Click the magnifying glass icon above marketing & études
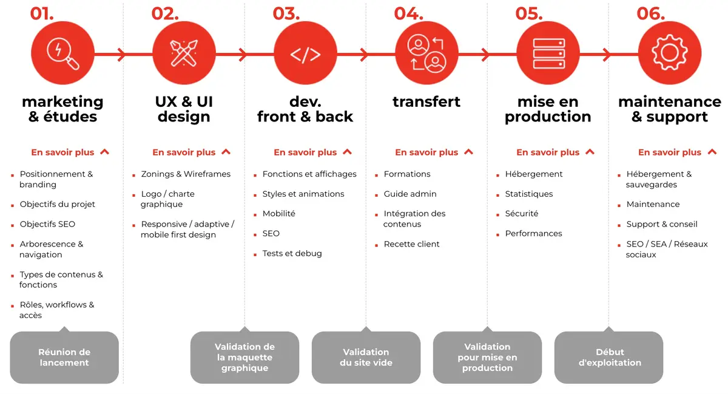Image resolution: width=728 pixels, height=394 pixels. [x=62, y=53]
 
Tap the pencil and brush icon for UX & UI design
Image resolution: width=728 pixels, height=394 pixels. [x=184, y=53]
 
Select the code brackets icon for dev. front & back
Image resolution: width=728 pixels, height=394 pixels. [x=305, y=54]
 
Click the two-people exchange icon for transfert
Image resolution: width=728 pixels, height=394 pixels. [x=426, y=53]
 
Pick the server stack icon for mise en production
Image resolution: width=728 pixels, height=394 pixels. [x=548, y=53]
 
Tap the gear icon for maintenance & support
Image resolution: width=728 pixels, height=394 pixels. [x=669, y=53]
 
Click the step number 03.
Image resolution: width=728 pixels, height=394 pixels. [x=286, y=13]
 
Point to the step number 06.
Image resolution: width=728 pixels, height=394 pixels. [x=650, y=13]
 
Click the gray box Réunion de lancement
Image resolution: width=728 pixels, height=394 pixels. [x=64, y=357]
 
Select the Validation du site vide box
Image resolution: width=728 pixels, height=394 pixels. [x=366, y=357]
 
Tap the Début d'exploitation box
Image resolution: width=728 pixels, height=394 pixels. [x=609, y=357]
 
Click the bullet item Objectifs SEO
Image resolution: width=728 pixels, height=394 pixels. [x=47, y=224]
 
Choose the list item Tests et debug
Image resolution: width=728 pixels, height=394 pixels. [x=292, y=253]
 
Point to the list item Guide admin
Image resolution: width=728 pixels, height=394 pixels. [x=409, y=194]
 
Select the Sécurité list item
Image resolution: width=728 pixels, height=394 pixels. [x=521, y=214]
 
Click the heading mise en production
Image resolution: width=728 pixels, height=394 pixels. [x=548, y=109]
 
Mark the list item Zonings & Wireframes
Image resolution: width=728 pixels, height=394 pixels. [x=186, y=174]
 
